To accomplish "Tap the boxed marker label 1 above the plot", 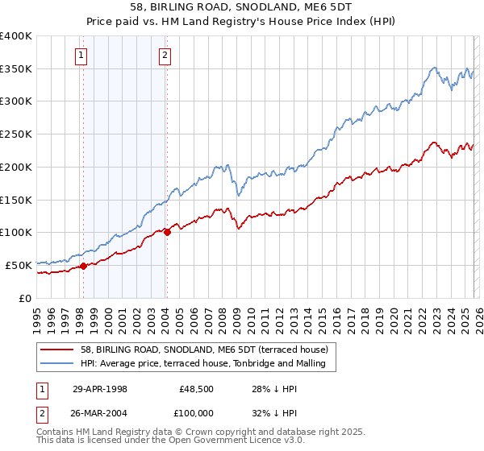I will point(82,56).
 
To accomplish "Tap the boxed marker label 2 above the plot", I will point(165,56).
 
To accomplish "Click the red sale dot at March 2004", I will point(167,232).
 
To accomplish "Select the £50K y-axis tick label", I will point(19,264).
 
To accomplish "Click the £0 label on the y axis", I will point(26,297).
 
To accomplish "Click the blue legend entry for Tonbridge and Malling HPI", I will point(202,363).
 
